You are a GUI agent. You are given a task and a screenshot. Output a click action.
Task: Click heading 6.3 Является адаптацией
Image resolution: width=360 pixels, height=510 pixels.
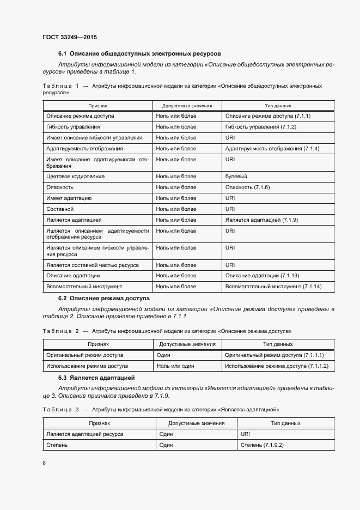click(x=96, y=378)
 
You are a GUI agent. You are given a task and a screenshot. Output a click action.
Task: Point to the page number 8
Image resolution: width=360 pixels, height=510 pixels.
click(x=44, y=463)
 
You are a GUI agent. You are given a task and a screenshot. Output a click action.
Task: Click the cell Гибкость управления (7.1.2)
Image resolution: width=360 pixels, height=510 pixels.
click(x=260, y=127)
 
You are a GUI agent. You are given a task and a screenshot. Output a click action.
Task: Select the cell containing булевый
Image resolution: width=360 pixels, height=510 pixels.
click(x=236, y=177)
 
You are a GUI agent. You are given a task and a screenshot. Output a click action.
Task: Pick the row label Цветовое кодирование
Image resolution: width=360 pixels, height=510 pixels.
click(x=75, y=177)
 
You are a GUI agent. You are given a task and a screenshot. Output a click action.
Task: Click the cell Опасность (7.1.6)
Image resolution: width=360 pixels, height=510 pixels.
click(x=247, y=187)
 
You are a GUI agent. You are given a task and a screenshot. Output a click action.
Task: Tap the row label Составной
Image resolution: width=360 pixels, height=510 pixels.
click(x=60, y=209)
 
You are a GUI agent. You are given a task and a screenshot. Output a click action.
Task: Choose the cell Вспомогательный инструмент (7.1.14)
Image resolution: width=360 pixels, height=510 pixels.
click(x=273, y=287)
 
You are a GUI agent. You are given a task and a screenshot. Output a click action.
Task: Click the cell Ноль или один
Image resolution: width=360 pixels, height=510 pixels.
click(x=175, y=366)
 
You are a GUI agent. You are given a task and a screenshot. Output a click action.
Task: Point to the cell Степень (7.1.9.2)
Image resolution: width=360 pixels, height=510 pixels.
click(x=262, y=445)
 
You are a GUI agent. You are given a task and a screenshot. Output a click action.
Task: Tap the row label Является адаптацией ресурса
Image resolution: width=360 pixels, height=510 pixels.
click(x=84, y=434)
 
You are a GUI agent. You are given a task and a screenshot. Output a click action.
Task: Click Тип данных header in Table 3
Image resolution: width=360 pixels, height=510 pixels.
click(x=285, y=423)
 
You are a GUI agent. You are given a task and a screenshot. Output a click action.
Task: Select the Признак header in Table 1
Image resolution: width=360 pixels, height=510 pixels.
click(x=99, y=106)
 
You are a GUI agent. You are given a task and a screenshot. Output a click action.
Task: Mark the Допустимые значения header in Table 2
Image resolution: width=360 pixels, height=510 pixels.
click(x=187, y=344)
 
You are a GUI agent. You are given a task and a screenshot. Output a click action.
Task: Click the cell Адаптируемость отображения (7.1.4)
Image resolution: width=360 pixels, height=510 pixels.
click(x=272, y=149)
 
